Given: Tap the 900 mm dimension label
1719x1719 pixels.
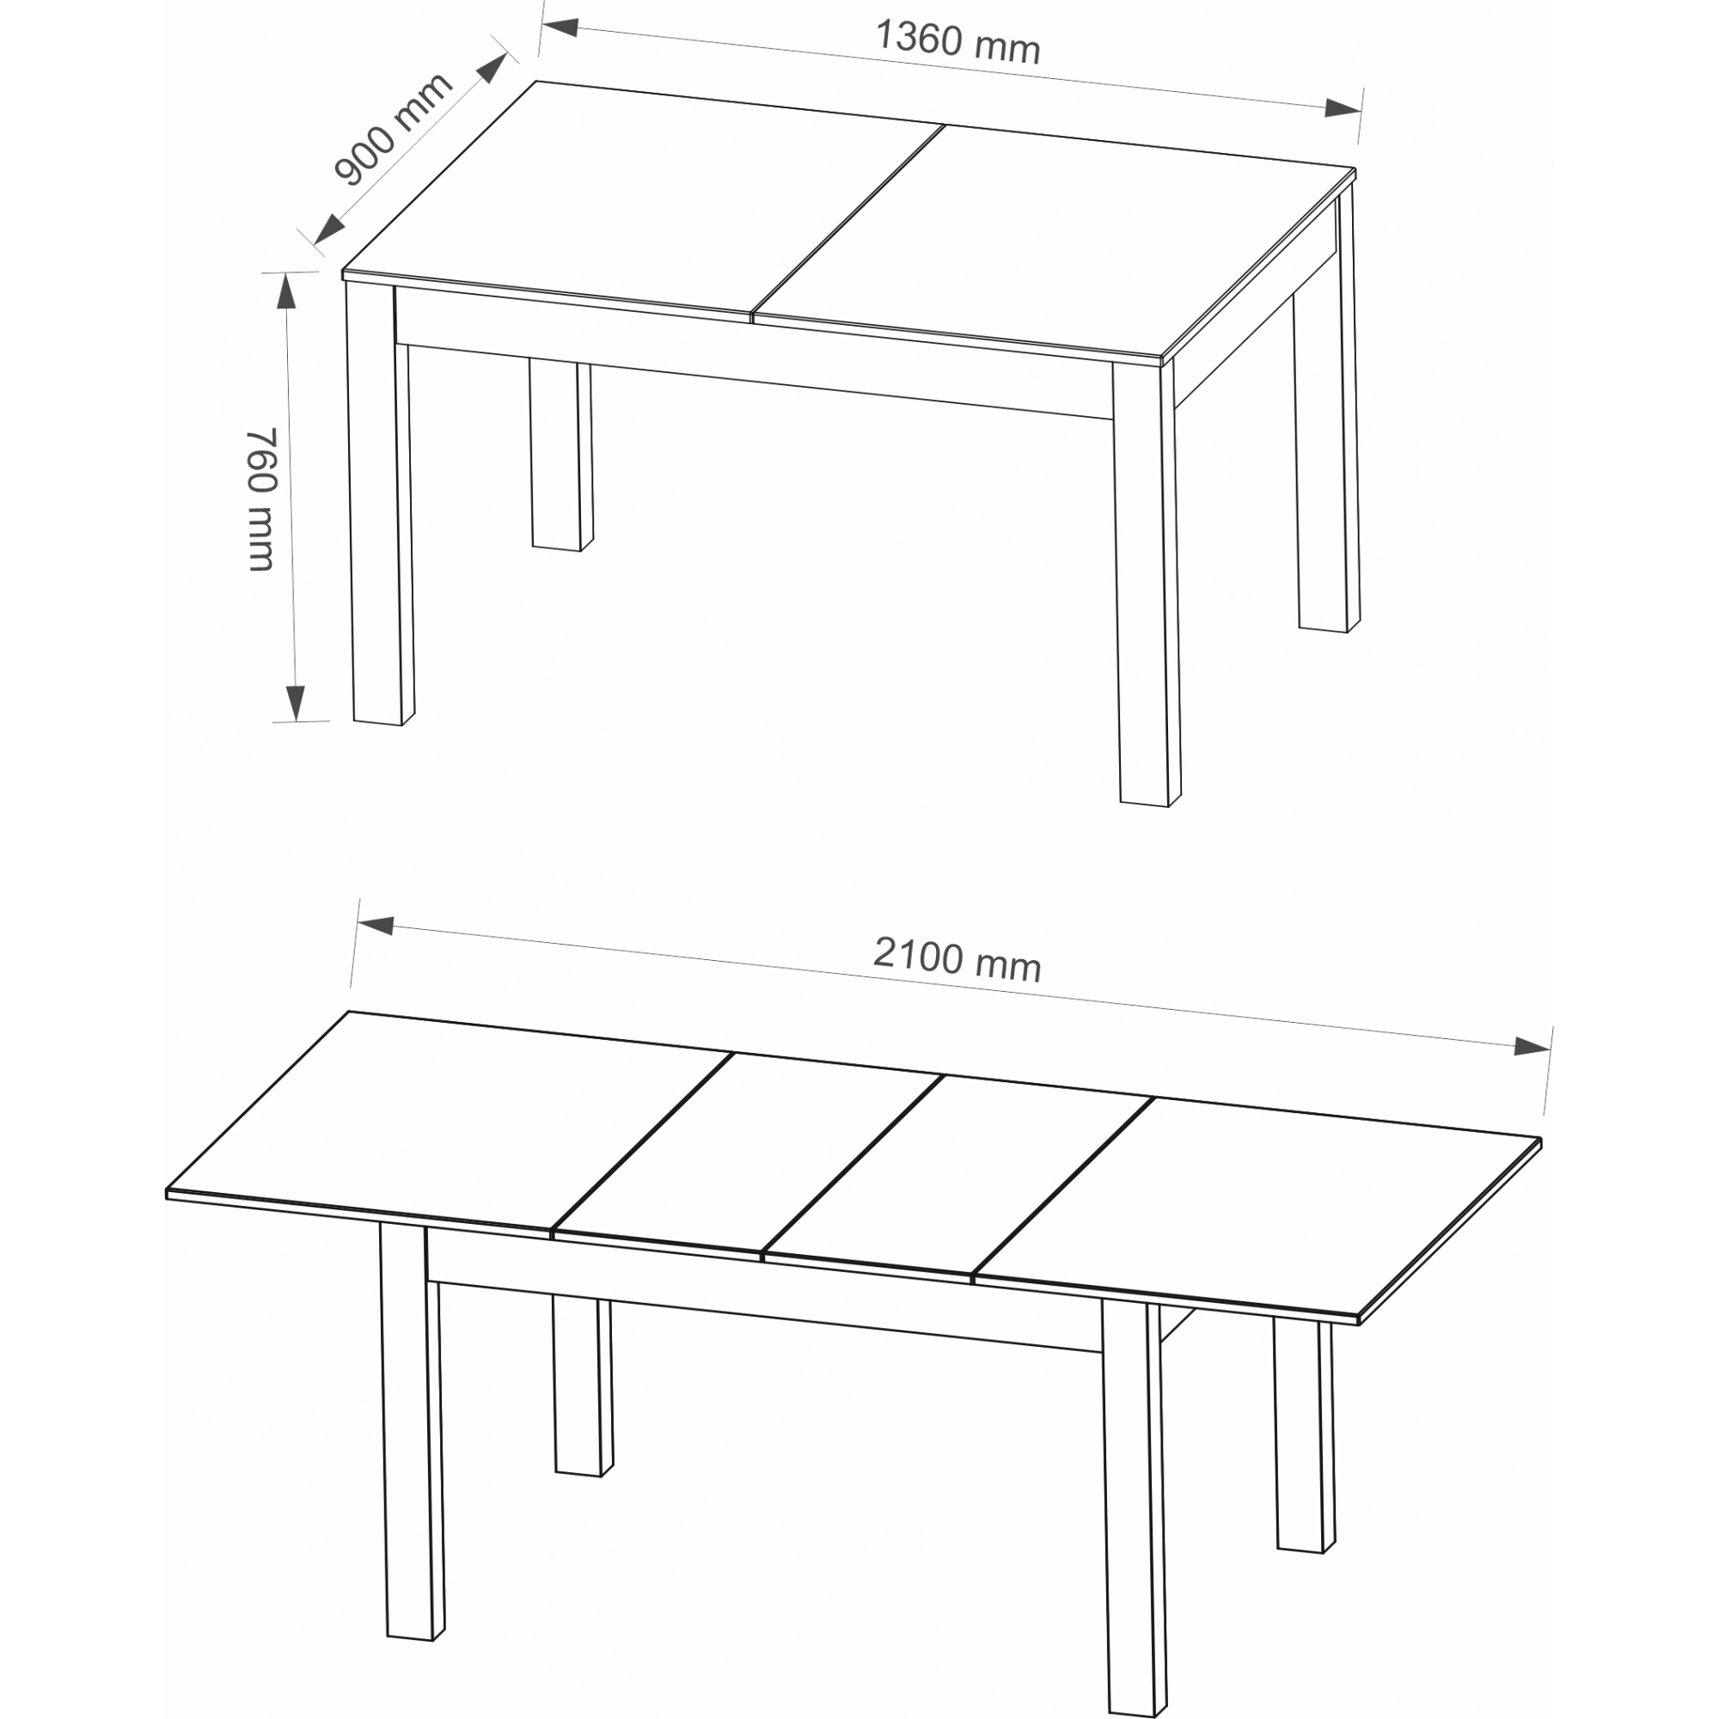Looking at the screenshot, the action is [393, 130].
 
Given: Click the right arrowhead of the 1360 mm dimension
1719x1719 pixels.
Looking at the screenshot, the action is [1343, 108].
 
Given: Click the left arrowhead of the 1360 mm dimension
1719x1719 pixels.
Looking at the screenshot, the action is [560, 28].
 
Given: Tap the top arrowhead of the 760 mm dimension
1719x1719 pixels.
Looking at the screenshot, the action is [286, 291].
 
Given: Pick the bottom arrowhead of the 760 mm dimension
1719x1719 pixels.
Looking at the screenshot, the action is [296, 703].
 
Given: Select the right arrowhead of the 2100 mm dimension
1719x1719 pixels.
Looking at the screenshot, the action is [1532, 1046].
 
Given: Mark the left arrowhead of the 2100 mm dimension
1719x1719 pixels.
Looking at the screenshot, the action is [376, 927].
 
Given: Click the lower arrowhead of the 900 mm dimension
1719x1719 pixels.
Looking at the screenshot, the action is [329, 229].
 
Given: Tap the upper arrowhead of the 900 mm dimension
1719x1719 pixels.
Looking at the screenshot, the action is [492, 70].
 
